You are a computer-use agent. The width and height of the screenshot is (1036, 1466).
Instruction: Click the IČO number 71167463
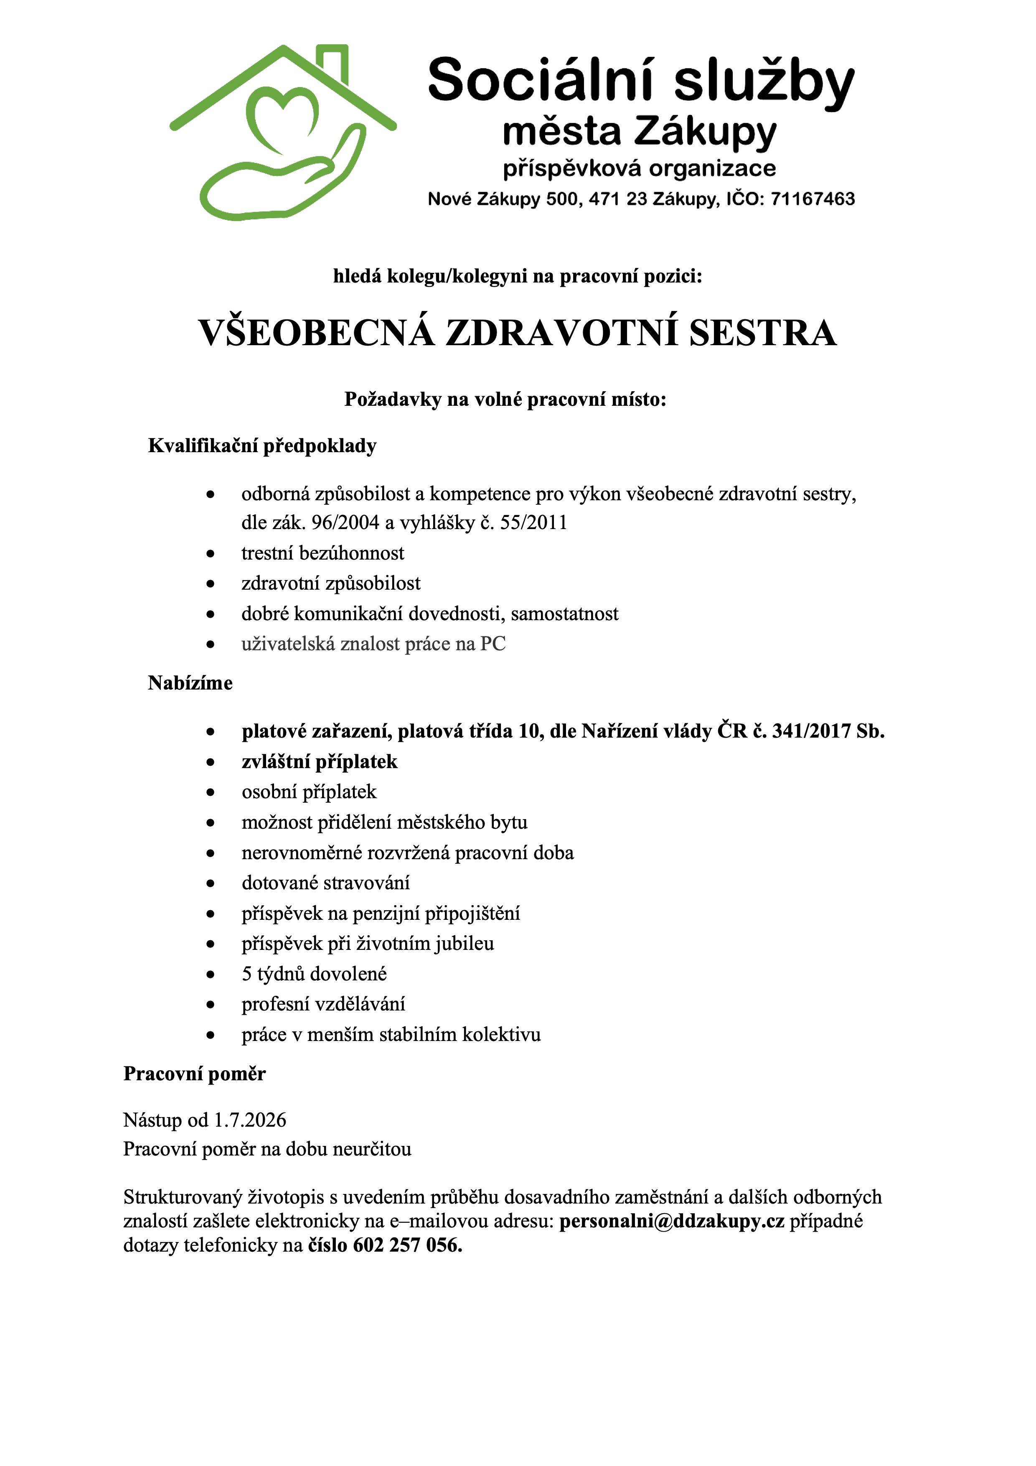812,199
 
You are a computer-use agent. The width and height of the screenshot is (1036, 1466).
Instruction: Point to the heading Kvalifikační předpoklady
262,445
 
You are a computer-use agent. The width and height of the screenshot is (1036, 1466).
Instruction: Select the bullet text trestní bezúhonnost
322,553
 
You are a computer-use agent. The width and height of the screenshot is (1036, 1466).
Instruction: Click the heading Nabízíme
190,683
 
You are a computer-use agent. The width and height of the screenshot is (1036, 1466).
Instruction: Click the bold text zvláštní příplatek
319,762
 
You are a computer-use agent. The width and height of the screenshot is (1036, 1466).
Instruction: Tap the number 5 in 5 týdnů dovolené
246,975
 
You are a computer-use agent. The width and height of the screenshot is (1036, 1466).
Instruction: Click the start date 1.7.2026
249,1120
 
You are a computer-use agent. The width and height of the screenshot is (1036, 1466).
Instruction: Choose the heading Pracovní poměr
194,1074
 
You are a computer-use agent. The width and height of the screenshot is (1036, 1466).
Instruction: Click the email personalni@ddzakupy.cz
671,1222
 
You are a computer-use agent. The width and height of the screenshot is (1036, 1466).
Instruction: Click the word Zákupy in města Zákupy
705,132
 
